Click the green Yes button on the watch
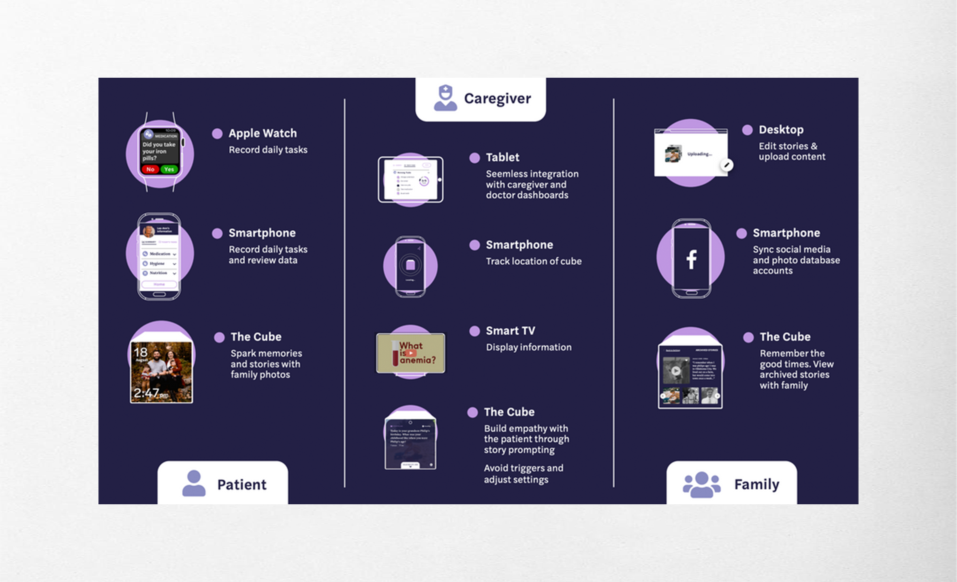(x=169, y=169)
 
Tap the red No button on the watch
(x=150, y=169)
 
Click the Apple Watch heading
(x=263, y=133)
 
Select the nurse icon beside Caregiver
(x=445, y=98)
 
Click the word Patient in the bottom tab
(x=242, y=484)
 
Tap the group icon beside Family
(x=701, y=484)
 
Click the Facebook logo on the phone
(x=692, y=259)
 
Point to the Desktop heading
(x=781, y=130)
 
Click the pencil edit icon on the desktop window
(x=727, y=165)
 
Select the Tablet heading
(x=502, y=157)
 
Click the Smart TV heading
(x=511, y=331)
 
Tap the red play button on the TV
(x=410, y=353)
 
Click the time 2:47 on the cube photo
(x=147, y=393)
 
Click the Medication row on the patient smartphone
(x=160, y=254)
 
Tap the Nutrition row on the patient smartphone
(x=160, y=273)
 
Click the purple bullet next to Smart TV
(x=474, y=331)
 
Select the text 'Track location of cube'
(x=534, y=261)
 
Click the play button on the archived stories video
(x=675, y=370)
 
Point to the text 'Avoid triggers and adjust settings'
(x=523, y=474)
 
